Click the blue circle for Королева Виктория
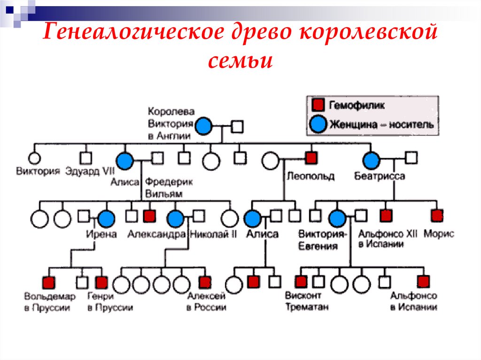204,126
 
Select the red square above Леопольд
310,158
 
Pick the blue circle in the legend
318,124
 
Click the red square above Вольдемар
48,282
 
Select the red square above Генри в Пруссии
101,282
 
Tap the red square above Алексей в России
204,282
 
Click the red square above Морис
437,215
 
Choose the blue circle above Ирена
106,218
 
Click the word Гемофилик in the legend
357,105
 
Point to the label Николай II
213,234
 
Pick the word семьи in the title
240,61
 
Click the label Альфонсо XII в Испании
381,238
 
